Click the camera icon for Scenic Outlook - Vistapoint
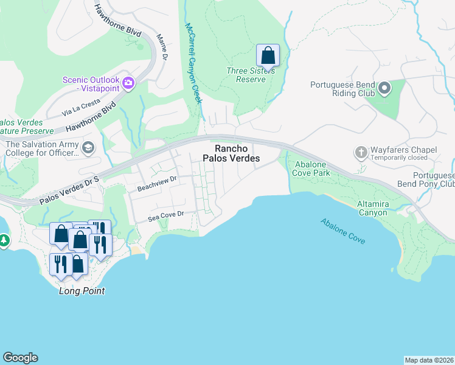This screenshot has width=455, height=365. coord(128,83)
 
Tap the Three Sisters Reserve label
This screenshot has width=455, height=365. coord(251,75)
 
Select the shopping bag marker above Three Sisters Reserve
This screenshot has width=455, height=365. coord(268,56)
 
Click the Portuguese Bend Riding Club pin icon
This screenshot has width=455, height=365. coord(384,89)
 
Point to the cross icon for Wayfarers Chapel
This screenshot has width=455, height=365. coord(361,151)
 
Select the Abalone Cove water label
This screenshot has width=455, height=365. coord(343,230)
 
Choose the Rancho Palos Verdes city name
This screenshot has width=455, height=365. coord(237,153)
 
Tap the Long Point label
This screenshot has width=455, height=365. coord(82,291)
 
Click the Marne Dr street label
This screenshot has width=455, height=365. coord(162,47)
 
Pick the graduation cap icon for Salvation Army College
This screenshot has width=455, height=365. coord(88,148)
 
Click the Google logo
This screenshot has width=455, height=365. coord(20,358)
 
